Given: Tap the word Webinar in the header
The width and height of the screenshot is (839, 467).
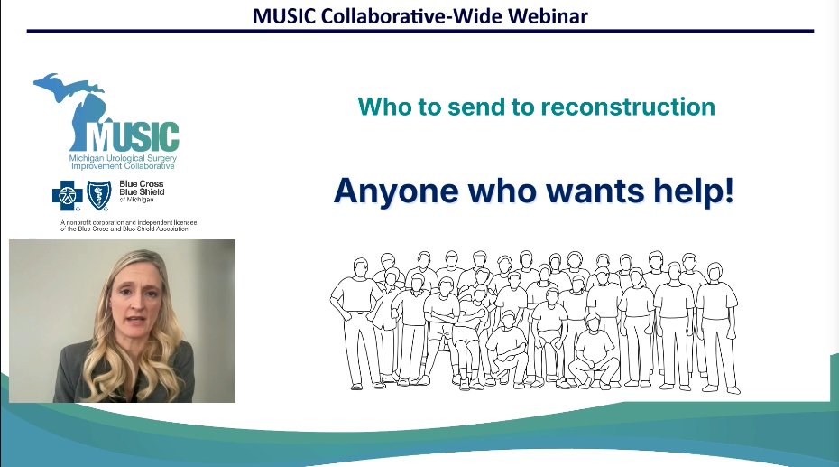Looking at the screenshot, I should point(551,16).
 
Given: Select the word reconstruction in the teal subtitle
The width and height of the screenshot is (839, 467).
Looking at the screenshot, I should point(628,107).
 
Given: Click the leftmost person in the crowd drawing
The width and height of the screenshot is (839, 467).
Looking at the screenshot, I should point(350,316).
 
